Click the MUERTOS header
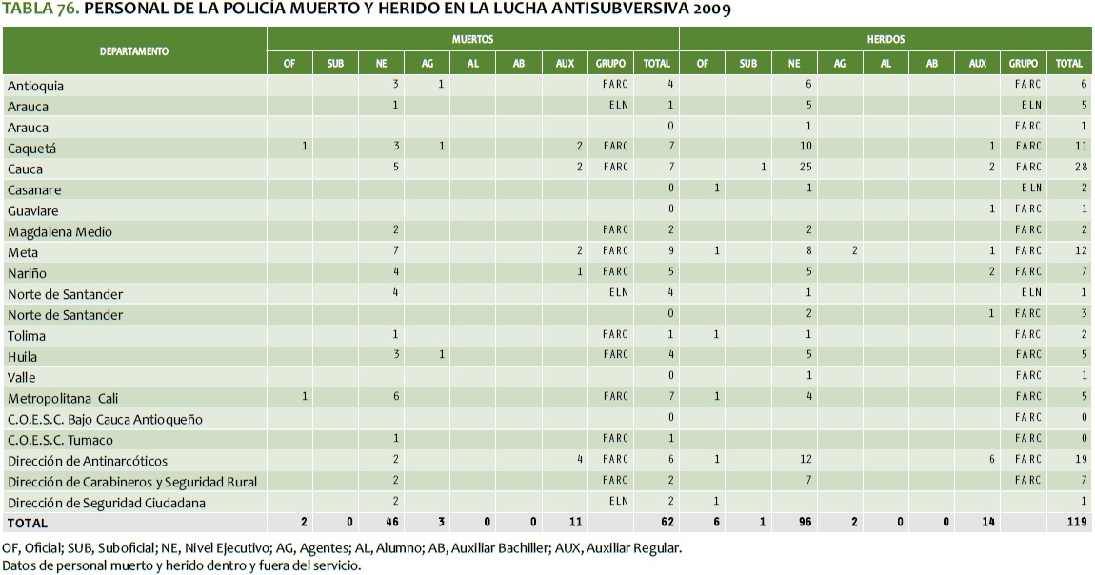[472, 40]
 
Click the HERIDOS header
[886, 40]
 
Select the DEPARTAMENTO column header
[134, 51]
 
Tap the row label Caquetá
[32, 149]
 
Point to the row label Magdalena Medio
[60, 231]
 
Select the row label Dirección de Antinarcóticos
[88, 461]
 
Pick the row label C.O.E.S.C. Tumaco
[60, 440]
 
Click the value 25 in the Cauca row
[793, 168]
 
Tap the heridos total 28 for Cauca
[1078, 168]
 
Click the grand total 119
[1075, 523]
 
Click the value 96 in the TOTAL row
[793, 523]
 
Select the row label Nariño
[29, 273]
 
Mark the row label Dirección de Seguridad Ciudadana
[107, 503]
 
